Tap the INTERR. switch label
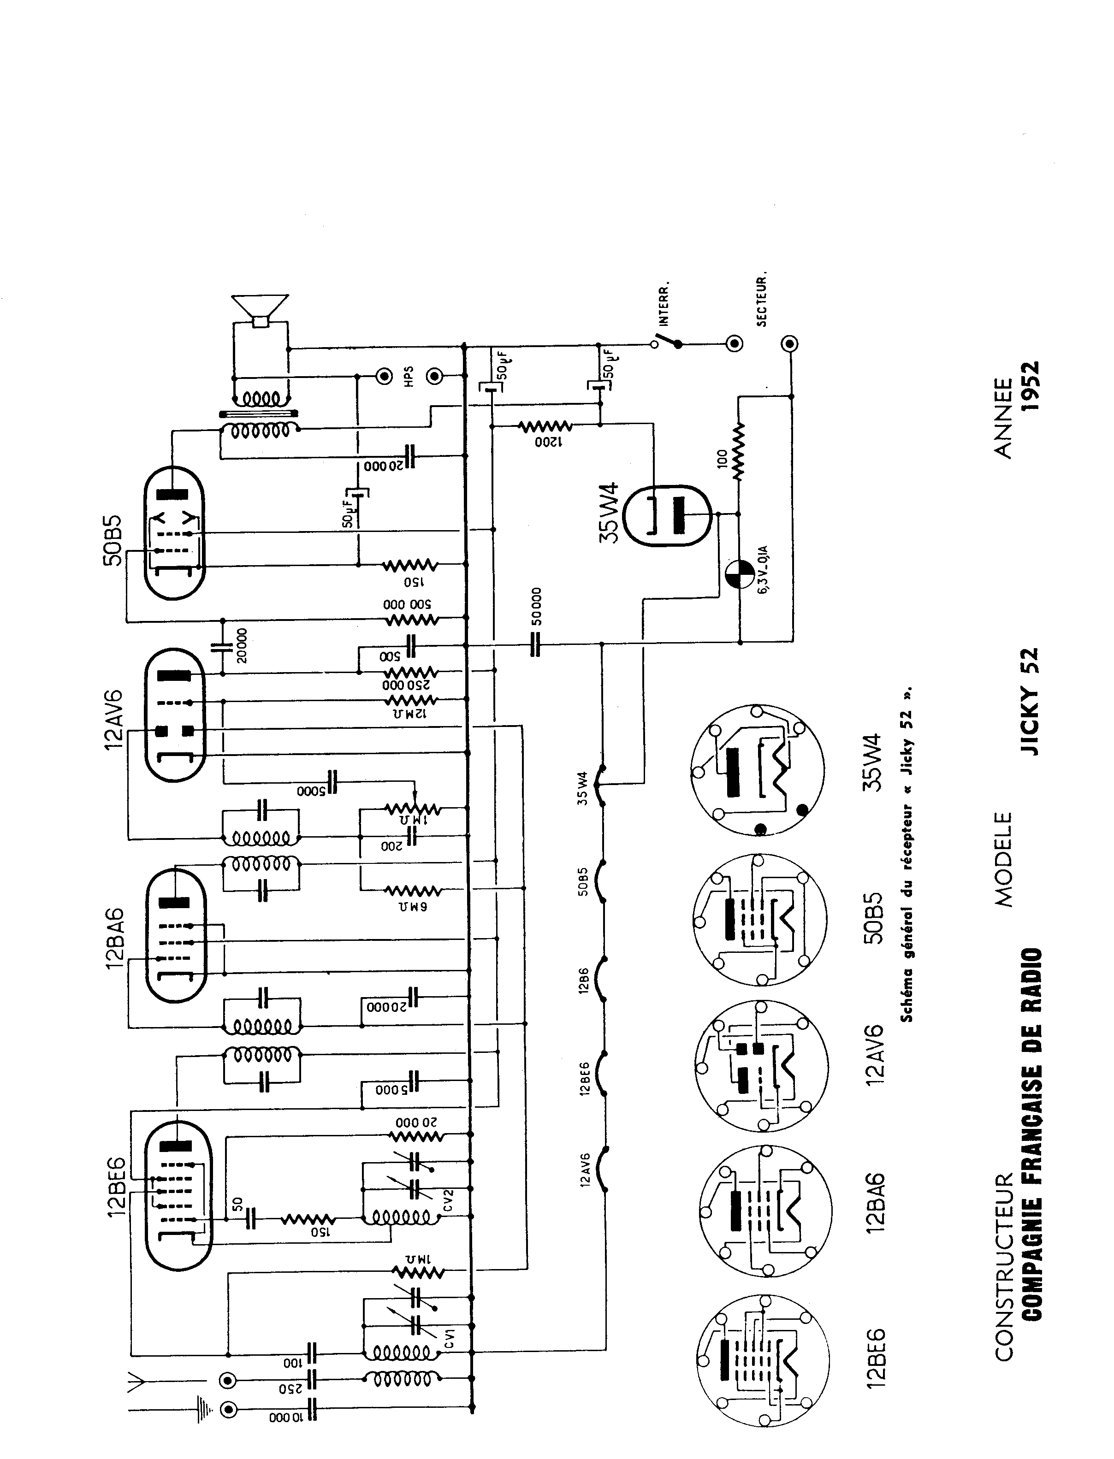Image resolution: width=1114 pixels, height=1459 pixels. (x=663, y=304)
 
